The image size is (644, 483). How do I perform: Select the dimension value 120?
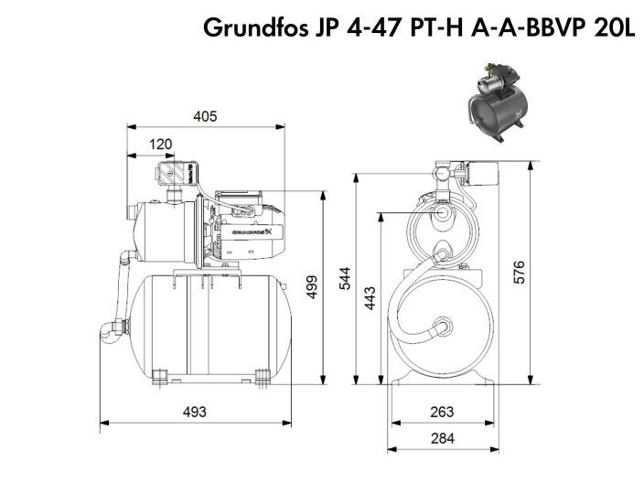[x=161, y=144]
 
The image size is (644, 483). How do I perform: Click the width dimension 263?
[x=442, y=411]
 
